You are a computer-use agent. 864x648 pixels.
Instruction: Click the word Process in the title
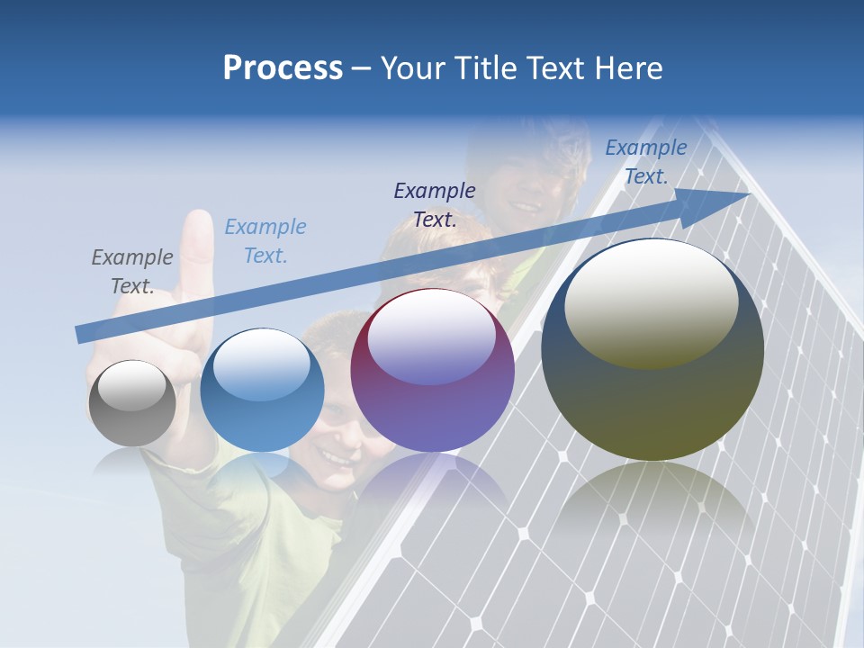[x=283, y=68]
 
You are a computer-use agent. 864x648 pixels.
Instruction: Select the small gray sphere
[x=132, y=403]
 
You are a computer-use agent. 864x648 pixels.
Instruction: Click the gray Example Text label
[x=131, y=271]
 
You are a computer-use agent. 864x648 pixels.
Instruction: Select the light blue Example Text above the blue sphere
[x=265, y=240]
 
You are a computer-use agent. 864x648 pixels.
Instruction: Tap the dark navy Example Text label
[x=434, y=204]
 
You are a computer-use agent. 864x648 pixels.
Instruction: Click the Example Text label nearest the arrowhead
[x=645, y=162]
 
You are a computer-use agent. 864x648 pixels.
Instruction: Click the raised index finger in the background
[x=196, y=252]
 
